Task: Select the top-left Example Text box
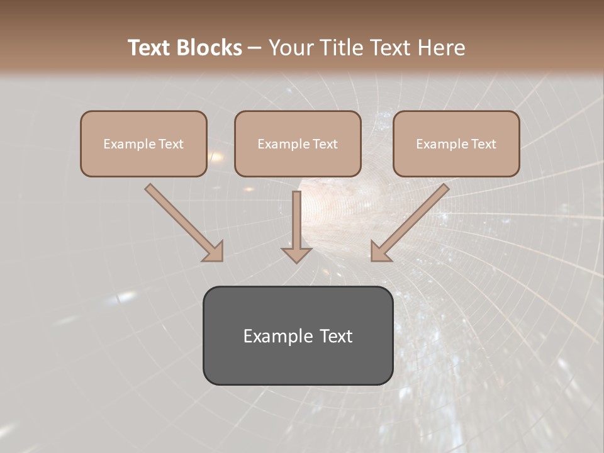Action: coord(143,143)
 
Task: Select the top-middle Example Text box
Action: coord(298,143)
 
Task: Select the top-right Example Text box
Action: coord(456,143)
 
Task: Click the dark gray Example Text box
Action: coord(298,335)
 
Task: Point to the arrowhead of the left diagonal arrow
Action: coord(214,252)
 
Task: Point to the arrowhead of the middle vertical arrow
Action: coord(296,255)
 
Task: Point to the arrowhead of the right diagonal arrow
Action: coord(380,252)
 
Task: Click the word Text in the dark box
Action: coord(336,336)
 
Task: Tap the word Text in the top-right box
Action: coord(484,144)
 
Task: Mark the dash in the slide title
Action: coord(254,48)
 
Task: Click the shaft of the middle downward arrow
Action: coord(296,217)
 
